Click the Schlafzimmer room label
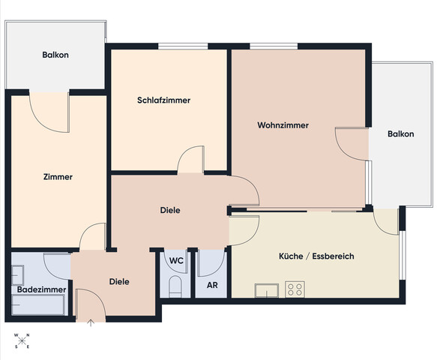tap(163, 100)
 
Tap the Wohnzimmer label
tap(283, 125)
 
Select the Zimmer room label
tap(58, 177)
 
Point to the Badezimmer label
tap(41, 289)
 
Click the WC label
tap(176, 261)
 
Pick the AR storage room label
tap(212, 285)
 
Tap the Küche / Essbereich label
tap(316, 256)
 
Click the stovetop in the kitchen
tap(295, 289)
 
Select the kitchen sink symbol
tap(267, 290)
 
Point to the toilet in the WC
tap(175, 286)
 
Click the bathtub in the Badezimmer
tap(38, 304)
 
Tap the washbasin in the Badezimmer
tap(17, 275)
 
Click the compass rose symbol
tap(22, 340)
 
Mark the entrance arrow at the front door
tap(91, 323)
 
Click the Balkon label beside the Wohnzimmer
tap(400, 133)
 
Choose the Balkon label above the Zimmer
tap(55, 55)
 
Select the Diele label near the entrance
tap(119, 281)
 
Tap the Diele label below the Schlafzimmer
tap(170, 210)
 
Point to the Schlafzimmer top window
tap(183, 46)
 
